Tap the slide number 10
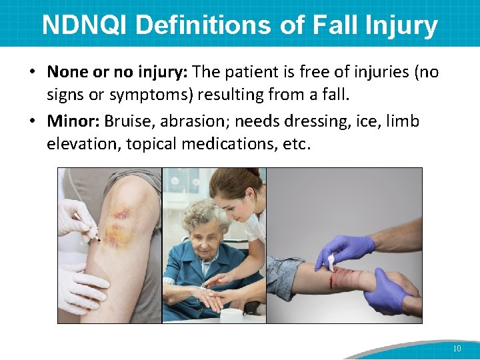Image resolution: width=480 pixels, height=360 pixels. [457, 349]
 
